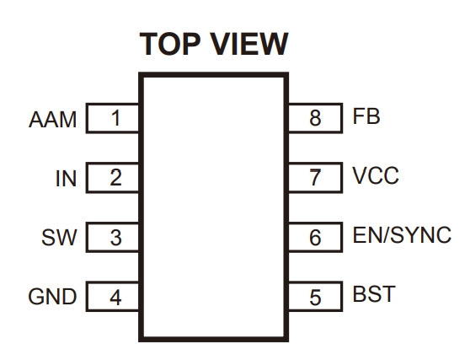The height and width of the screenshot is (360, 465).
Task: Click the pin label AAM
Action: click(53, 120)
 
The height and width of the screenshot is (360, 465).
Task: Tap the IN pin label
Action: click(67, 179)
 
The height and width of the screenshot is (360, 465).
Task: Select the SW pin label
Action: click(59, 238)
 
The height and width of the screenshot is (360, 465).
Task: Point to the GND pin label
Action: click(52, 297)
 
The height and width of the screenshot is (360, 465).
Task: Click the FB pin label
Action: click(366, 116)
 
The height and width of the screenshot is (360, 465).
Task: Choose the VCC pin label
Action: click(376, 175)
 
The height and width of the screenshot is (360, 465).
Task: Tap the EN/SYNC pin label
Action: click(402, 234)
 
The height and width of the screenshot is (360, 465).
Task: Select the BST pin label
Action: click(374, 293)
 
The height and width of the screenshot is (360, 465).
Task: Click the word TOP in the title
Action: click(170, 44)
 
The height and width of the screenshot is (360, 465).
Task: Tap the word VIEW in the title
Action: click(249, 44)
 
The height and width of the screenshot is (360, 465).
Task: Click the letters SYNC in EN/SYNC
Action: click(421, 234)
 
